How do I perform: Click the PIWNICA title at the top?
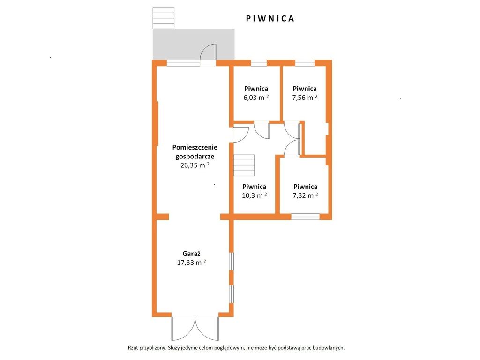pos(270,19)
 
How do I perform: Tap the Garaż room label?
pos(191,254)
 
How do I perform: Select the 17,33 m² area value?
pos(191,262)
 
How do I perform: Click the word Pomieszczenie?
pos(195,147)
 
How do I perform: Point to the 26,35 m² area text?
pos(195,165)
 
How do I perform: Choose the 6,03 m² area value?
pos(256,97)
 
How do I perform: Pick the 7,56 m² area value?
pos(305,97)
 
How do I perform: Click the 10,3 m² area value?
pos(255,195)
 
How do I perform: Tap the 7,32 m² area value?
pos(305,195)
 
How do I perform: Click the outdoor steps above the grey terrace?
pos(164,18)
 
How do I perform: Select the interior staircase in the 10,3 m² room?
pos(244,165)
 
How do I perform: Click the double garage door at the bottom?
pos(195,329)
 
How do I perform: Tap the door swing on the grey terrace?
pos(208,52)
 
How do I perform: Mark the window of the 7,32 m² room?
pos(305,217)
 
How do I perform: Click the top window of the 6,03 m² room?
pos(259,63)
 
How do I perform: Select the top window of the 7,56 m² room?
pos(305,63)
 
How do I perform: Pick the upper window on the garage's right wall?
pos(232,261)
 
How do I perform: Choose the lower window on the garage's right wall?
pos(232,294)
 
